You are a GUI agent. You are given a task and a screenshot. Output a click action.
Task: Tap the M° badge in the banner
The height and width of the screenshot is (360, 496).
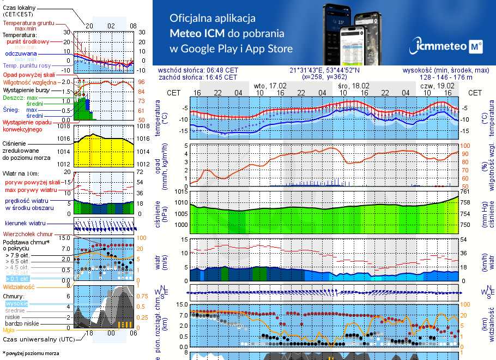click(476, 47)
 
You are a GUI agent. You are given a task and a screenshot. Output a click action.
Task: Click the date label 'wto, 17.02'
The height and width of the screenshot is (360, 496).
click(270, 86)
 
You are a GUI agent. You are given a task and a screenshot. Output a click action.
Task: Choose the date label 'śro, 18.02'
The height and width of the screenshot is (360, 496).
click(353, 86)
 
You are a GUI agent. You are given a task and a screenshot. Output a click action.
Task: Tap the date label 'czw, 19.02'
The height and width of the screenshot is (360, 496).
click(438, 86)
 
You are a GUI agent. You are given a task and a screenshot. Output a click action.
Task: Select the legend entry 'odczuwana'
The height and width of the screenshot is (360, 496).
click(21, 53)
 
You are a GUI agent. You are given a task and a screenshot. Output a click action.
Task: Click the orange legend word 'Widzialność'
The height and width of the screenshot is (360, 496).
click(19, 286)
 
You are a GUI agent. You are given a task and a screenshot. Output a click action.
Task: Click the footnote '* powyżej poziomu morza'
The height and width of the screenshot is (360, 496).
click(31, 353)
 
